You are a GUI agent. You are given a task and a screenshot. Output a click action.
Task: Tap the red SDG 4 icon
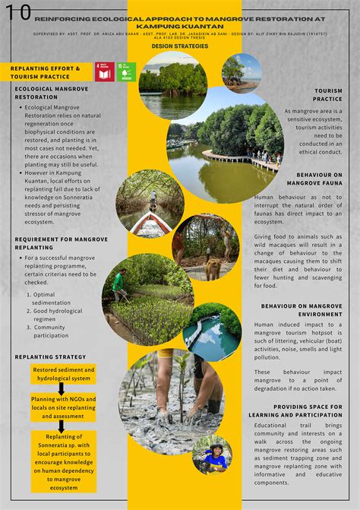click(105, 71)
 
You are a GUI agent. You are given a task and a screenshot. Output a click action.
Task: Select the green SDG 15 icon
click(127, 71)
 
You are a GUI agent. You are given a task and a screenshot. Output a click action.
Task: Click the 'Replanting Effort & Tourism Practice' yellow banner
click(45, 72)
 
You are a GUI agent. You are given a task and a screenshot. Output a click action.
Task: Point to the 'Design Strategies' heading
click(179, 46)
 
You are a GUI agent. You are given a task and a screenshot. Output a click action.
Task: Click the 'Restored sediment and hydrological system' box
click(62, 373)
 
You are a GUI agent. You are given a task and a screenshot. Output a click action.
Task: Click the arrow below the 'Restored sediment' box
click(62, 388)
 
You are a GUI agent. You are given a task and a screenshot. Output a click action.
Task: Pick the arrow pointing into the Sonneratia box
click(62, 426)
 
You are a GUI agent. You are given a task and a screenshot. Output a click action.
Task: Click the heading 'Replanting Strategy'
click(50, 356)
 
